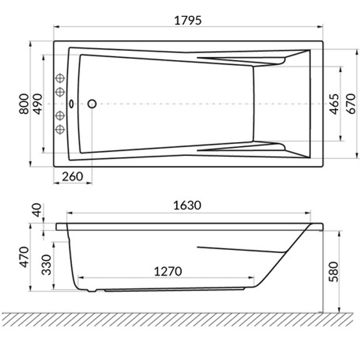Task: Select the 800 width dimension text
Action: click(x=23, y=103)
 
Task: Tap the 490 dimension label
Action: click(x=37, y=103)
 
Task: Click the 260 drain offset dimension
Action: click(x=73, y=177)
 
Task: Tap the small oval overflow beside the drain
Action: click(x=71, y=104)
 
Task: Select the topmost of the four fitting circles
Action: click(x=61, y=78)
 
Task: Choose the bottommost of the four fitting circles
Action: click(x=61, y=129)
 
